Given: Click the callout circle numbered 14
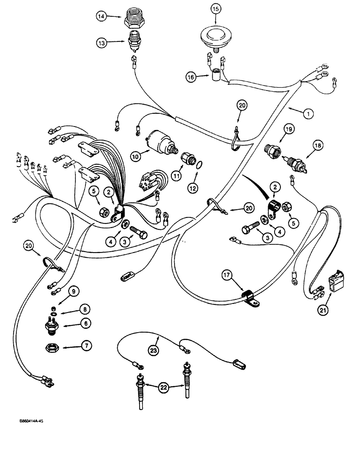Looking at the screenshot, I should [101, 16].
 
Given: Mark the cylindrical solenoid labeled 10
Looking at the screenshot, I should [158, 139].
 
